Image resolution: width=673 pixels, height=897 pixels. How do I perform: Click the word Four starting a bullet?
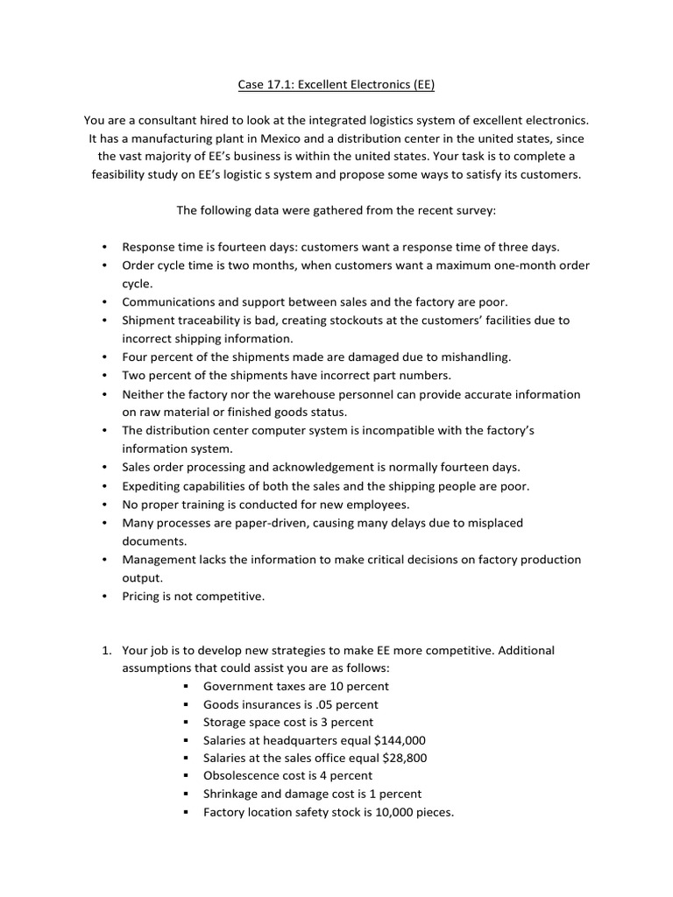click(x=137, y=357)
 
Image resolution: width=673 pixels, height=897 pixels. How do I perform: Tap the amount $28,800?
click(x=399, y=758)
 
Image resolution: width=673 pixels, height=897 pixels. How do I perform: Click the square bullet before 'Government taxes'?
click(x=188, y=687)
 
